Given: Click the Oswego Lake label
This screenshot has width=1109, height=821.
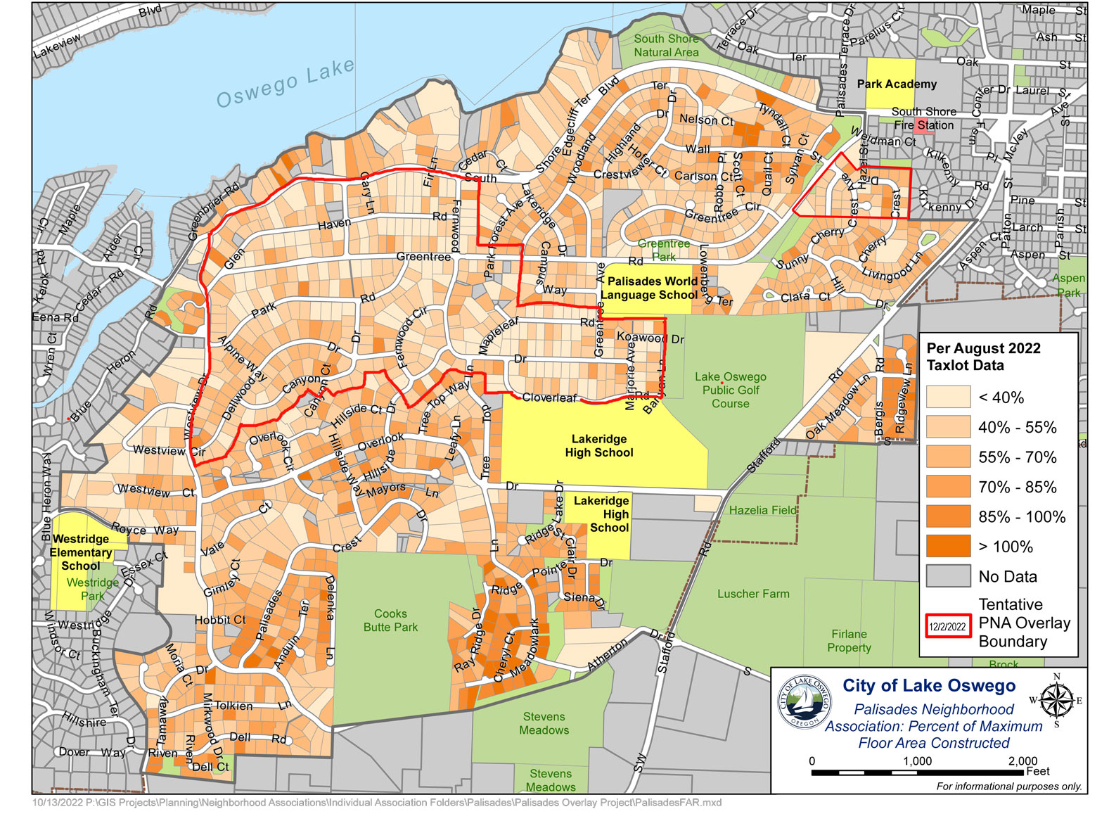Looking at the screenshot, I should [x=285, y=84].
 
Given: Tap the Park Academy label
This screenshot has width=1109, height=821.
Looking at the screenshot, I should [x=896, y=84].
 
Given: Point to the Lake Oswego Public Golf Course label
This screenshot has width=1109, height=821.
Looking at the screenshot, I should [x=731, y=390].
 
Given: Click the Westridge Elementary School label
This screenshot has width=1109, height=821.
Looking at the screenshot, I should [x=82, y=552].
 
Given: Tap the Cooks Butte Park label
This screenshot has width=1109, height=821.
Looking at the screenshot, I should [x=390, y=620].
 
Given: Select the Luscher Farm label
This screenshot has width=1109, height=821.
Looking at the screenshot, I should [x=752, y=594].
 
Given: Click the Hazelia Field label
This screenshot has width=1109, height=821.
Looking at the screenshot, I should [x=762, y=510].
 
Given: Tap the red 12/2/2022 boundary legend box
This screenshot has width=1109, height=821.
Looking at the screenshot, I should [x=947, y=625].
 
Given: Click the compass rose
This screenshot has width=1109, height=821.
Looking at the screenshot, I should [x=1056, y=700].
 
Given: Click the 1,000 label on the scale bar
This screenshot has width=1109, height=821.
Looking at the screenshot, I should [x=917, y=761].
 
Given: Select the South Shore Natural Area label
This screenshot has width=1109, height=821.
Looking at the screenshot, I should [x=666, y=46].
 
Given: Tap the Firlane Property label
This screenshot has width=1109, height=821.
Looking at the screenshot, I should [x=849, y=641].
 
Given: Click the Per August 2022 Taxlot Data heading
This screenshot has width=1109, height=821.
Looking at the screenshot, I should [x=982, y=357].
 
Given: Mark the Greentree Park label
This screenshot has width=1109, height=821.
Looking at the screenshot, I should [x=663, y=250].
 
